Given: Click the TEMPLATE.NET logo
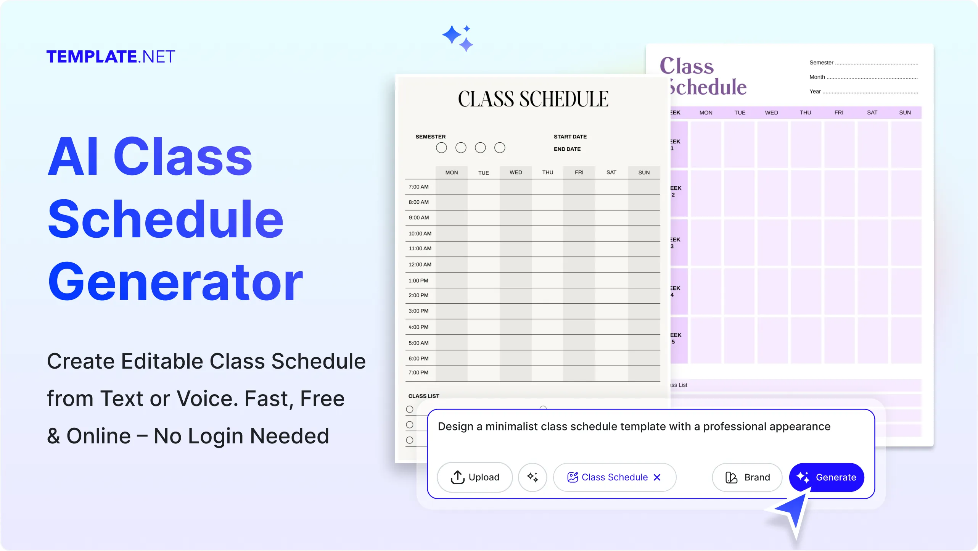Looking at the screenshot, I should pyautogui.click(x=111, y=57).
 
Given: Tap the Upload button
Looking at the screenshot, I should pyautogui.click(x=475, y=477).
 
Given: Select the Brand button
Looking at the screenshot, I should pyautogui.click(x=747, y=477).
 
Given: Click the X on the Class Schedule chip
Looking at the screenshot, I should pyautogui.click(x=657, y=477).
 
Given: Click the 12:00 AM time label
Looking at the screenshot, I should pyautogui.click(x=420, y=264).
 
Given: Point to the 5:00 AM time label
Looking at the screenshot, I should pyautogui.click(x=418, y=343).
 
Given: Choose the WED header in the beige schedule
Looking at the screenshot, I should pyautogui.click(x=516, y=172).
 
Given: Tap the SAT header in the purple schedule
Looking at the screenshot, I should pyautogui.click(x=872, y=113).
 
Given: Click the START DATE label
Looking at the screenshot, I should pyautogui.click(x=570, y=137).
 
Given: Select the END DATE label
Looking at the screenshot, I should pyautogui.click(x=567, y=149).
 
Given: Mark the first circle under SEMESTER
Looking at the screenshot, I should pyautogui.click(x=441, y=148).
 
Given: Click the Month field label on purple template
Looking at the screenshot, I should pyautogui.click(x=817, y=77).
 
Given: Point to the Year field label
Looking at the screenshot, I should pyautogui.click(x=815, y=92).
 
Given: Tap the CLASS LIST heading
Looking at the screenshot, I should pyautogui.click(x=424, y=396).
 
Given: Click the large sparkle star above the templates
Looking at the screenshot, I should pyautogui.click(x=453, y=35).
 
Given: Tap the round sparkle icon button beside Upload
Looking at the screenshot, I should pyautogui.click(x=532, y=477).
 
